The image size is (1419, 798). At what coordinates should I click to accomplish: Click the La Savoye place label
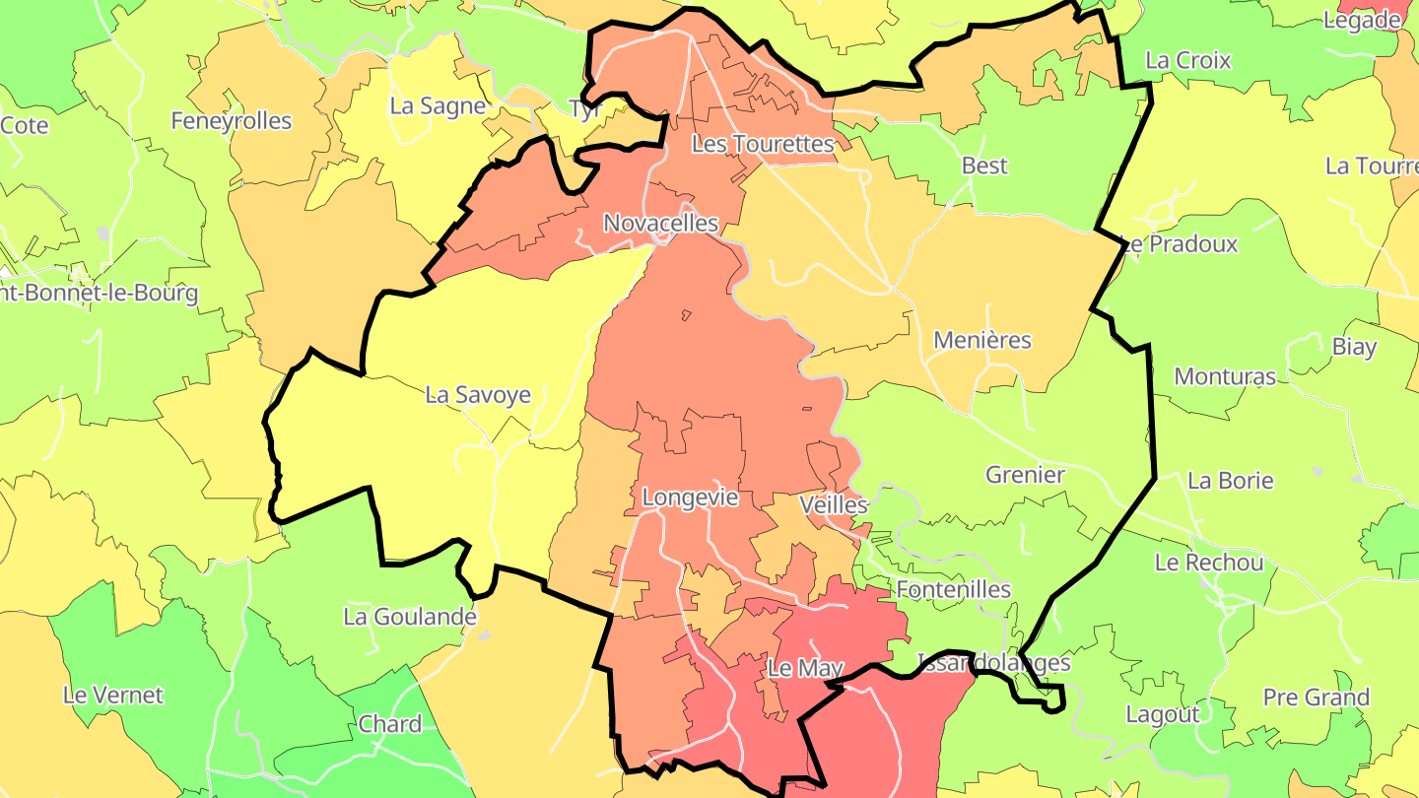coord(478,395)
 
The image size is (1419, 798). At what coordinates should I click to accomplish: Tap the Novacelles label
coord(661,224)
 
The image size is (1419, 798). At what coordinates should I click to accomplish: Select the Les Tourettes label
coord(763,144)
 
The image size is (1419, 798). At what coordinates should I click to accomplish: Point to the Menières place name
coord(981,340)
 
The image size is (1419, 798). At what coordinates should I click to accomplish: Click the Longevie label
coord(690,498)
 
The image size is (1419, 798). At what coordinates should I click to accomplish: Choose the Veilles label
coord(834,504)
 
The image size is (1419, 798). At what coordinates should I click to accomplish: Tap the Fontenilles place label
coord(954,589)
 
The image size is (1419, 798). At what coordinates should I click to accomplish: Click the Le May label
coord(805,668)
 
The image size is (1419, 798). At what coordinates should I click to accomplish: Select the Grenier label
coord(1025,475)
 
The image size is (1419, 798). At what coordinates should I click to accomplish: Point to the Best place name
coord(984,166)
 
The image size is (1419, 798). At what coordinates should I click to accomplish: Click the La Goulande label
coord(410,617)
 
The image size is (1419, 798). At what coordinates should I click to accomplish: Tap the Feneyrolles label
coord(232,121)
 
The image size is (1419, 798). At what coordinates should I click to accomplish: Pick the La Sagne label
coord(438,105)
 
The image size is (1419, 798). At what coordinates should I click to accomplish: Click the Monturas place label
coord(1225,376)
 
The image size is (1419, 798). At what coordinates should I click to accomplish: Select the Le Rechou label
coord(1209,563)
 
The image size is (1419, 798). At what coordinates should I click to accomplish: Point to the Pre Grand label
coord(1317,698)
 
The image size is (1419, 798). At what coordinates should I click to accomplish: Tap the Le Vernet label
coord(113,695)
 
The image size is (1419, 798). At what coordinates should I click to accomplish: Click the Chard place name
coord(390,724)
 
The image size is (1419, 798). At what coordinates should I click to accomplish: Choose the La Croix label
coord(1188,60)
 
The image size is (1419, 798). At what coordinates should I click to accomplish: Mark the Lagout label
coord(1163,714)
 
